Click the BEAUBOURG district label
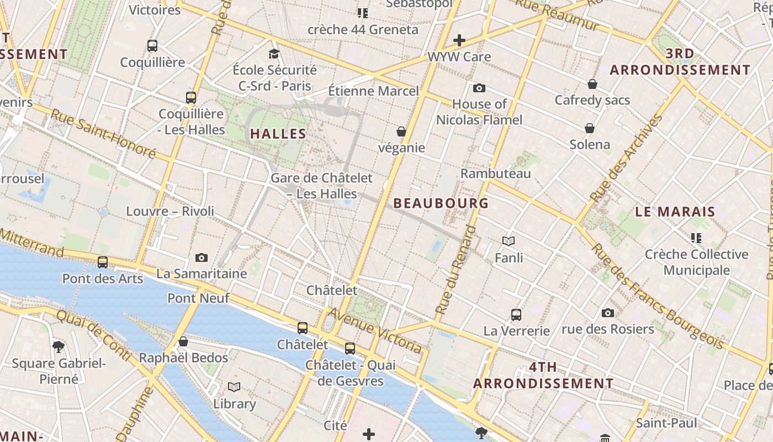[x=441, y=203]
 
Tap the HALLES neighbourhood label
[x=278, y=134]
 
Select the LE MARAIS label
[x=675, y=212]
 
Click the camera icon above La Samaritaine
[x=202, y=258]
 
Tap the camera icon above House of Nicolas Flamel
[x=479, y=88]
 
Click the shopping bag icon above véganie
[x=401, y=131]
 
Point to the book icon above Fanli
[x=509, y=241]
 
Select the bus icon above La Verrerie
[x=516, y=315]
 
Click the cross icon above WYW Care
[x=459, y=40]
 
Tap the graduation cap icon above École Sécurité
[x=274, y=54]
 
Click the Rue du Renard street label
[x=456, y=271]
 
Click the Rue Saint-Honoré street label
[x=103, y=133]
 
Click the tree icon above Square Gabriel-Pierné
[x=59, y=347]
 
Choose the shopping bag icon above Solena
[x=590, y=129]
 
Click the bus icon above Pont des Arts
[x=103, y=262]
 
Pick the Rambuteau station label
[x=495, y=173]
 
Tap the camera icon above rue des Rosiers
[x=607, y=313]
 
